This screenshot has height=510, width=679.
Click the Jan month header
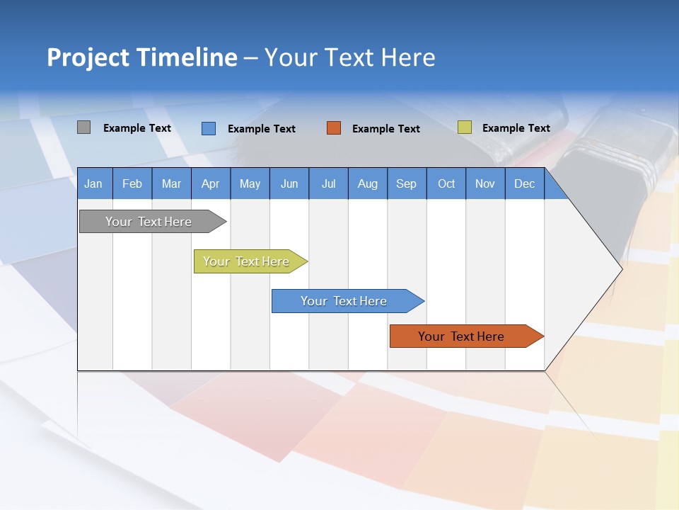[x=93, y=183]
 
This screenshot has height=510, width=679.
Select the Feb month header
[x=132, y=183]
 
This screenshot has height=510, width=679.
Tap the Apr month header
[x=210, y=183]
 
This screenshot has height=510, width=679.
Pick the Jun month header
[x=289, y=183]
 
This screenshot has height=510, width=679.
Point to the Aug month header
[x=367, y=183]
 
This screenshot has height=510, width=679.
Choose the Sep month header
[x=406, y=183]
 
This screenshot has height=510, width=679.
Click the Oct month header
[x=446, y=183]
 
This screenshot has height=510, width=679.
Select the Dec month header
[x=524, y=183]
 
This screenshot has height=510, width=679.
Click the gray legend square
[x=83, y=127]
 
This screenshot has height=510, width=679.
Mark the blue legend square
[x=208, y=128]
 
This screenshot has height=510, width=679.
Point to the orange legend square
[x=334, y=128]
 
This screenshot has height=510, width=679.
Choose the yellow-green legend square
[x=464, y=127]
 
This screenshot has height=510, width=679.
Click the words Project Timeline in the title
[x=142, y=57]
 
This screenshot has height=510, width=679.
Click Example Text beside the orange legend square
[x=385, y=129]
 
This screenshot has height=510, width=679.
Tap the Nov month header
[x=484, y=183]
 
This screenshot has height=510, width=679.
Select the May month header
[x=250, y=183]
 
